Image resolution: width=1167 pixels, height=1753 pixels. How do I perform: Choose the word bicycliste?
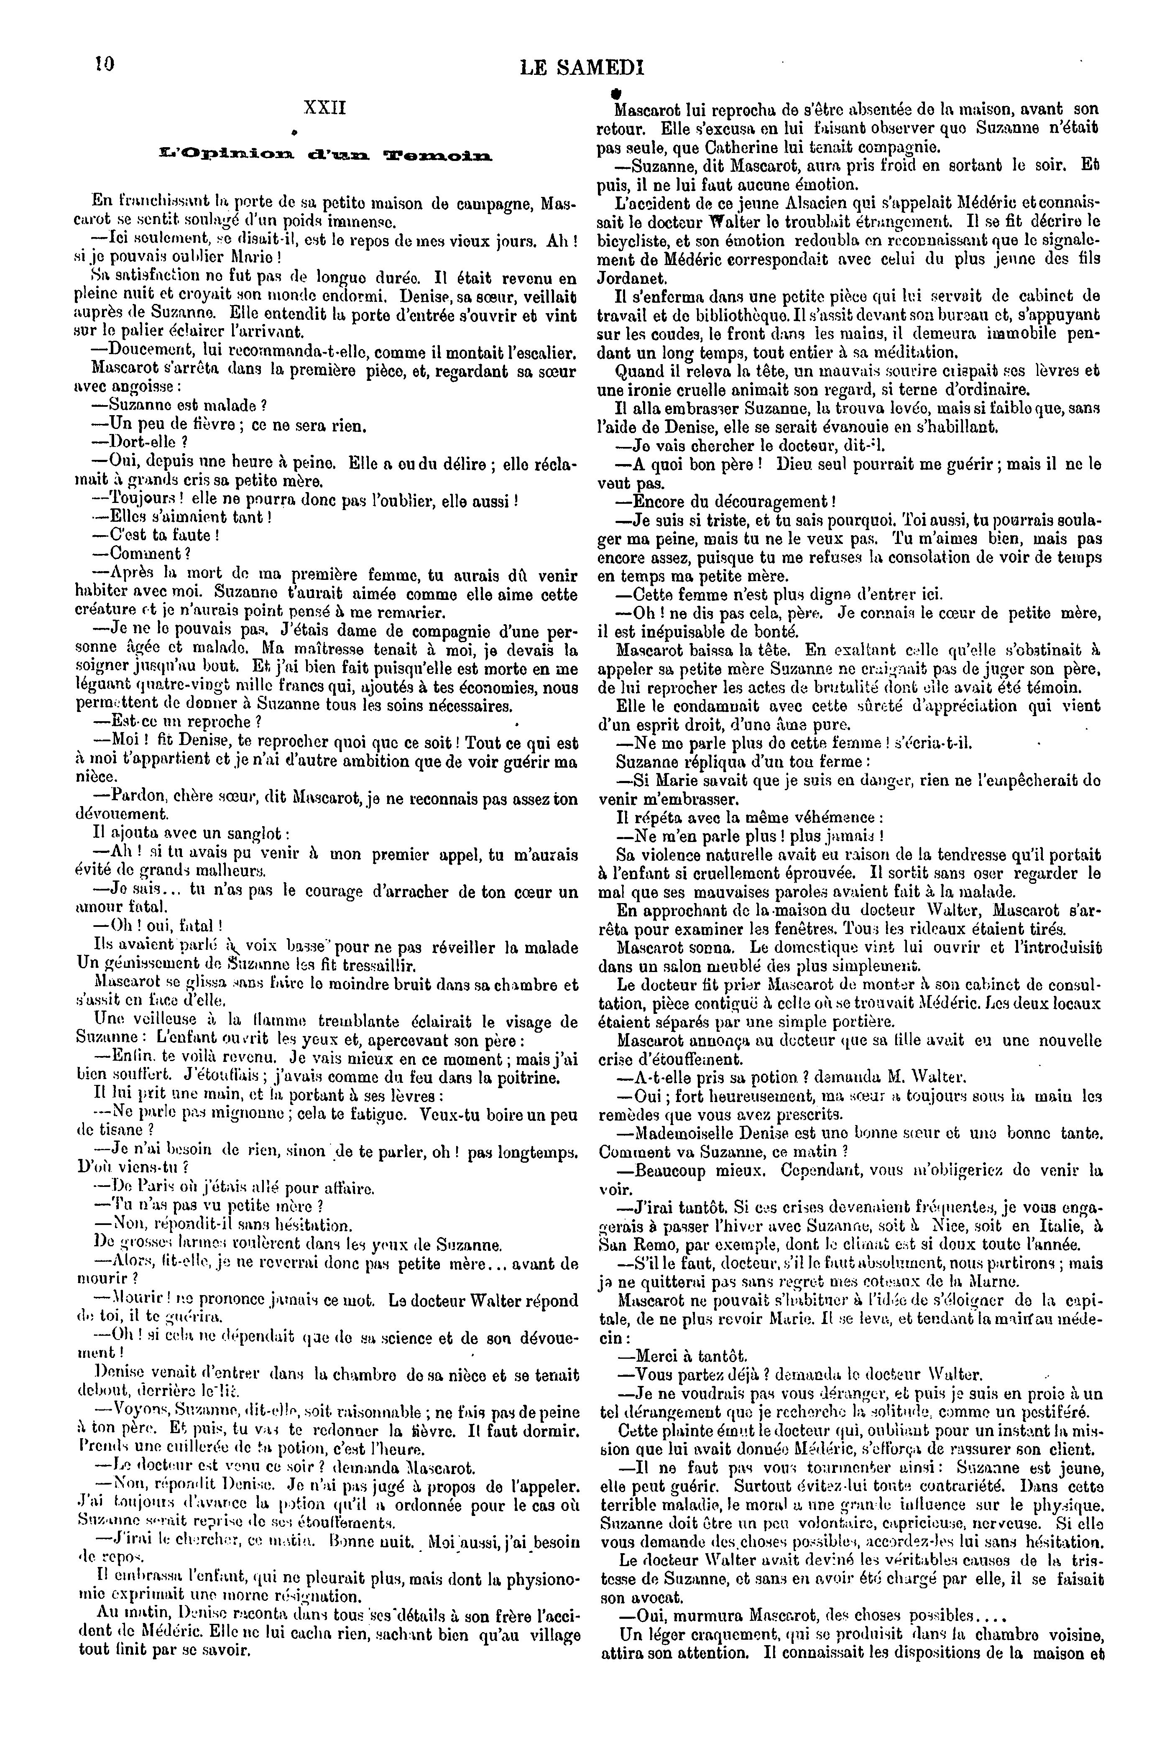(641, 240)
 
